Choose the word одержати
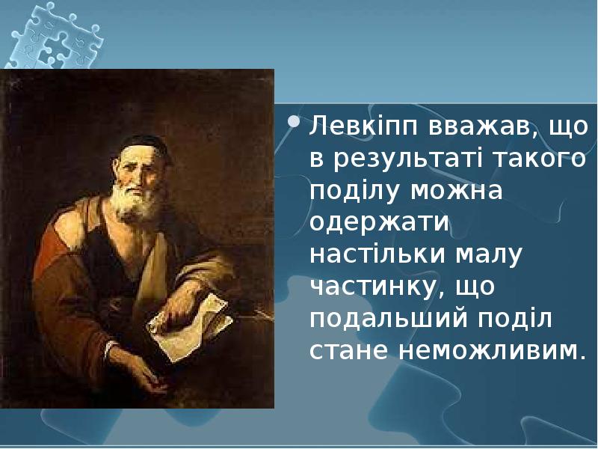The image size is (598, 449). point(377,224)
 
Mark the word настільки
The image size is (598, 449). point(377,254)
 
